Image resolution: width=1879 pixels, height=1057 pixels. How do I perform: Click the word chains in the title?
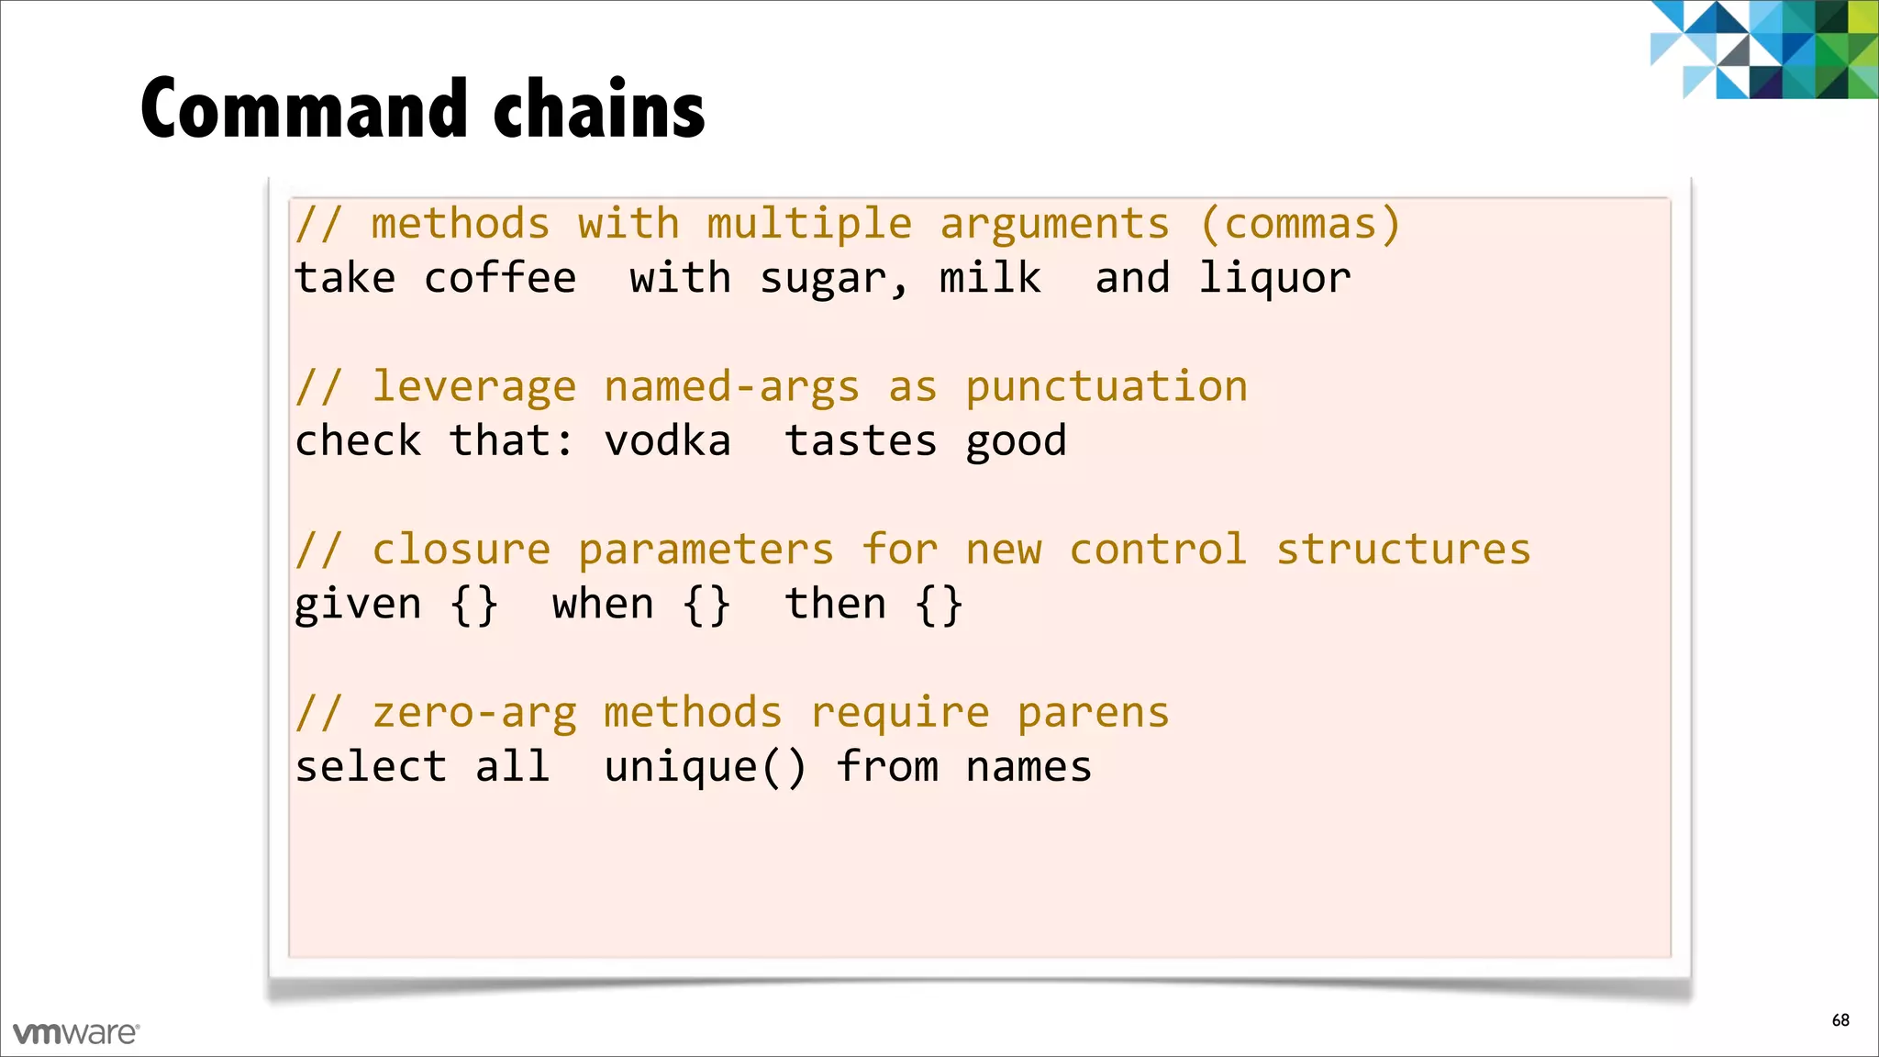(599, 109)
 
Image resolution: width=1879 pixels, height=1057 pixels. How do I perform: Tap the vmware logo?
(76, 1033)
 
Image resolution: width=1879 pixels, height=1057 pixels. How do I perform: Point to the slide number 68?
(1840, 1020)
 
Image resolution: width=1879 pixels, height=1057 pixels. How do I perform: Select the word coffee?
(500, 278)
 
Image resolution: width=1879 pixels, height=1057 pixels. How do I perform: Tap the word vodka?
(667, 441)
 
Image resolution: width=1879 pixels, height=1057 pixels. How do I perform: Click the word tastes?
(861, 441)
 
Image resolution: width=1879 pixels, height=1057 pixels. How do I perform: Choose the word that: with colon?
(511, 441)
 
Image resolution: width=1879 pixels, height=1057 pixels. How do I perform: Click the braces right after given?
(474, 606)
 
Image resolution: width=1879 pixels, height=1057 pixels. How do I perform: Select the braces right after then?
(939, 606)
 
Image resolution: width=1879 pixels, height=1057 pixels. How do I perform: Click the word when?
(603, 605)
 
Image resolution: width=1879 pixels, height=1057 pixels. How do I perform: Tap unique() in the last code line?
(705, 768)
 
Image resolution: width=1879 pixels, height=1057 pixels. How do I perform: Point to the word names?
(1028, 768)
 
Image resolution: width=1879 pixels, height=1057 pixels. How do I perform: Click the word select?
(371, 768)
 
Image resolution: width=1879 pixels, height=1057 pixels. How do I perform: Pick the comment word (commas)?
(1300, 225)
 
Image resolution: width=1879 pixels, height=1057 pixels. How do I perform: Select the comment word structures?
(1404, 551)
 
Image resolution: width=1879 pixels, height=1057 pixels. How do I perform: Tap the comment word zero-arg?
(474, 714)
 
